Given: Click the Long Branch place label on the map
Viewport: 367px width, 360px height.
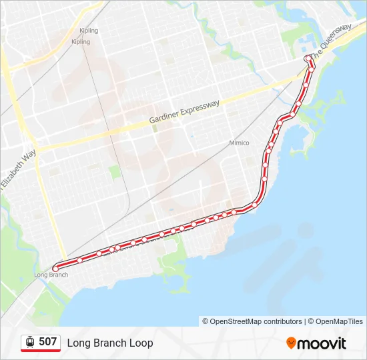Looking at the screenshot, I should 51,275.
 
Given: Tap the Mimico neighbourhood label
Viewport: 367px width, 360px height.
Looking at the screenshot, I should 239,143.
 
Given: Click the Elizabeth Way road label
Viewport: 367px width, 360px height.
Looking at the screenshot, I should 18,171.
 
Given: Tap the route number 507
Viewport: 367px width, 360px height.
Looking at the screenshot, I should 47,342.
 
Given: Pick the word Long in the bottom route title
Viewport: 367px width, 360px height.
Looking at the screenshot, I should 78,343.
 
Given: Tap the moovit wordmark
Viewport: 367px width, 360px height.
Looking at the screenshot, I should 322,343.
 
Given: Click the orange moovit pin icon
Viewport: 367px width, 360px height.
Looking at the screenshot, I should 291,343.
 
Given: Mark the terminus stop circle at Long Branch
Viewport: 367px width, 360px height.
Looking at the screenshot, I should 55,268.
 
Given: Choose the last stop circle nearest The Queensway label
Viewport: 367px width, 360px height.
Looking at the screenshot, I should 308,59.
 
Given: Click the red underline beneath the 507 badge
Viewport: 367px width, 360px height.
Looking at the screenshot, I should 41,351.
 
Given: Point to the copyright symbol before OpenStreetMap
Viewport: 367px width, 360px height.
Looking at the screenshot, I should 206,321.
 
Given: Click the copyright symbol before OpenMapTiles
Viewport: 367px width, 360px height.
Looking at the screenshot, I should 311,321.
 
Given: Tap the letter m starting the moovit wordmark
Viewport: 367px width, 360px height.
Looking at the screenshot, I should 304,344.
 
